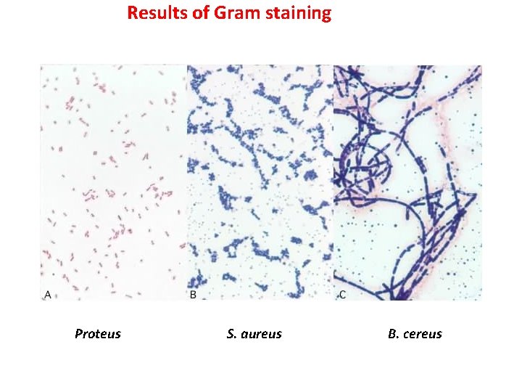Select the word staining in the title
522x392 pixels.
pos(299,14)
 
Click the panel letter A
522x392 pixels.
pos(48,294)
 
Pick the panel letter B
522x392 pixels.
pos(193,294)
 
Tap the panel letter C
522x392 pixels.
pos(342,294)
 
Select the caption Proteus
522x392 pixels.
pos(98,334)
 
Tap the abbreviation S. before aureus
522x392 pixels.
pos(231,334)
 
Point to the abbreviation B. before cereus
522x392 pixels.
pos(393,334)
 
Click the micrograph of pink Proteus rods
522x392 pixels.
pos(113,181)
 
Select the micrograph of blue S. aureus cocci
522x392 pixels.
pos(260,181)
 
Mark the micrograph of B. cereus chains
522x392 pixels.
pos(407,181)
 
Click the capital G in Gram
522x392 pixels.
pos(221,13)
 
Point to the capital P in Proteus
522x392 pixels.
pos(78,334)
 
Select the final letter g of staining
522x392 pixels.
pos(326,15)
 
